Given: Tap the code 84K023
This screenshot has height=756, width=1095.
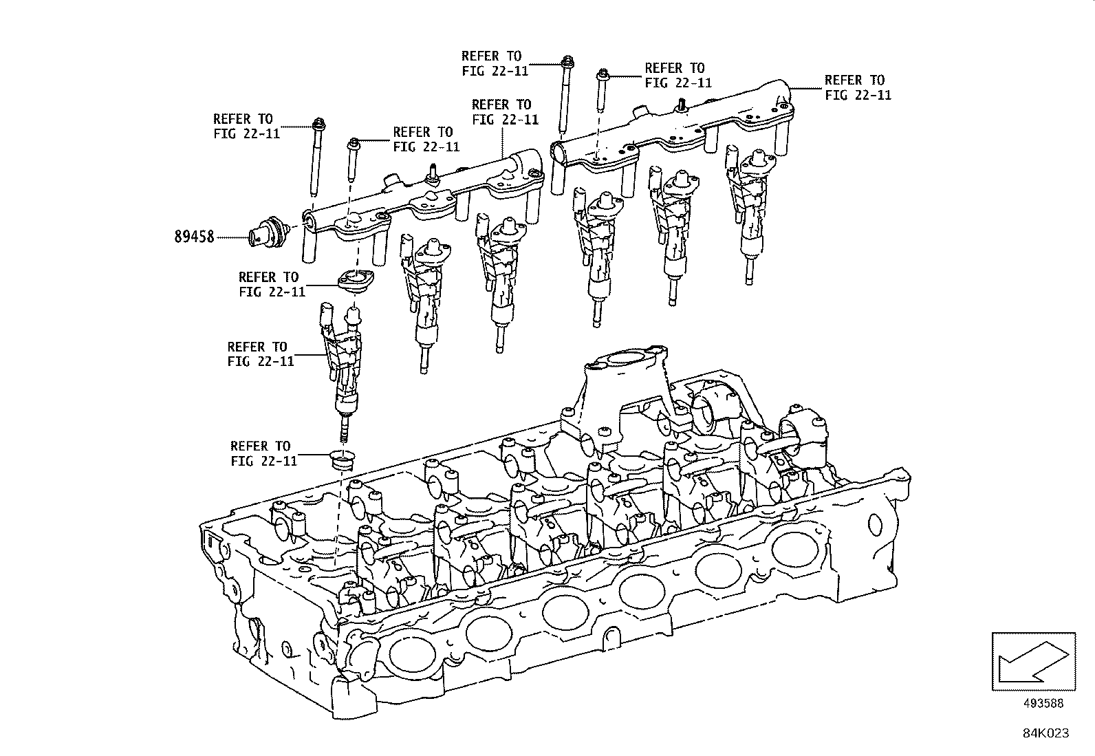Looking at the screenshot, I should [x=1045, y=733].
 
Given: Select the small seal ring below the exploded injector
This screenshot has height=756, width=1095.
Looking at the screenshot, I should [x=340, y=460].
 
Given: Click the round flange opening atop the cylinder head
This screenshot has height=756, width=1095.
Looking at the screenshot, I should [x=624, y=360].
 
